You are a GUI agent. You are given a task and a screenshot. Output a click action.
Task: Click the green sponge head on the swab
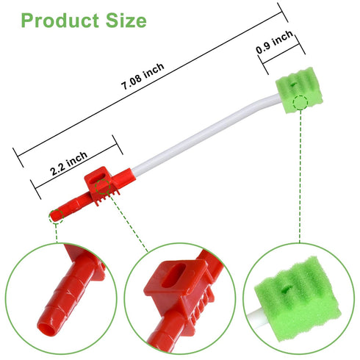298,92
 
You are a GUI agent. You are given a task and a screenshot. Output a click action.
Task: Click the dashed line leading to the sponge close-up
299,176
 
